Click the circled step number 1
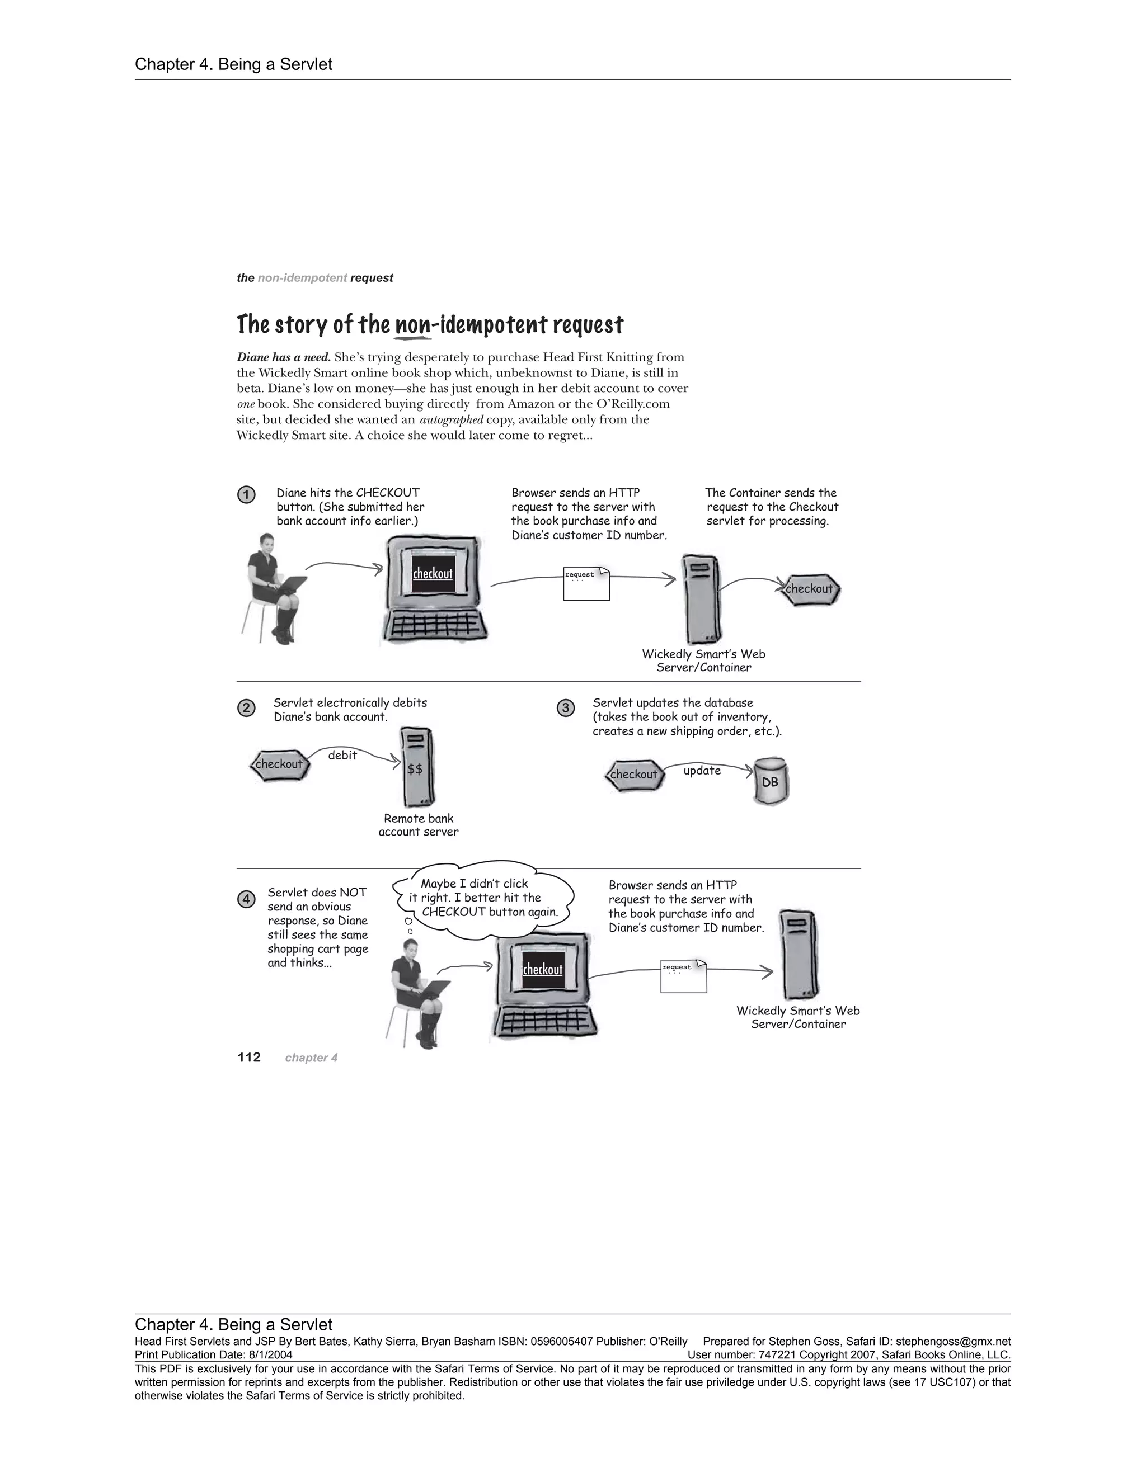pos(246,495)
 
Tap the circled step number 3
pos(566,709)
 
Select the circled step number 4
pos(246,899)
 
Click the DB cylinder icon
pos(771,782)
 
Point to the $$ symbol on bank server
pos(415,769)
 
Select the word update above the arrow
pos(702,771)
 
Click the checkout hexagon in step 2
pos(279,764)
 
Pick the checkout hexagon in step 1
pos(809,589)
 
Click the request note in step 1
pos(586,583)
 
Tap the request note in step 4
pos(683,976)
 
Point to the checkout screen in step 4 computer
pos(542,970)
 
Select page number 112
pos(249,1057)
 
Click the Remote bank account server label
pos(418,825)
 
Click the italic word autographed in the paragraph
pos(452,420)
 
